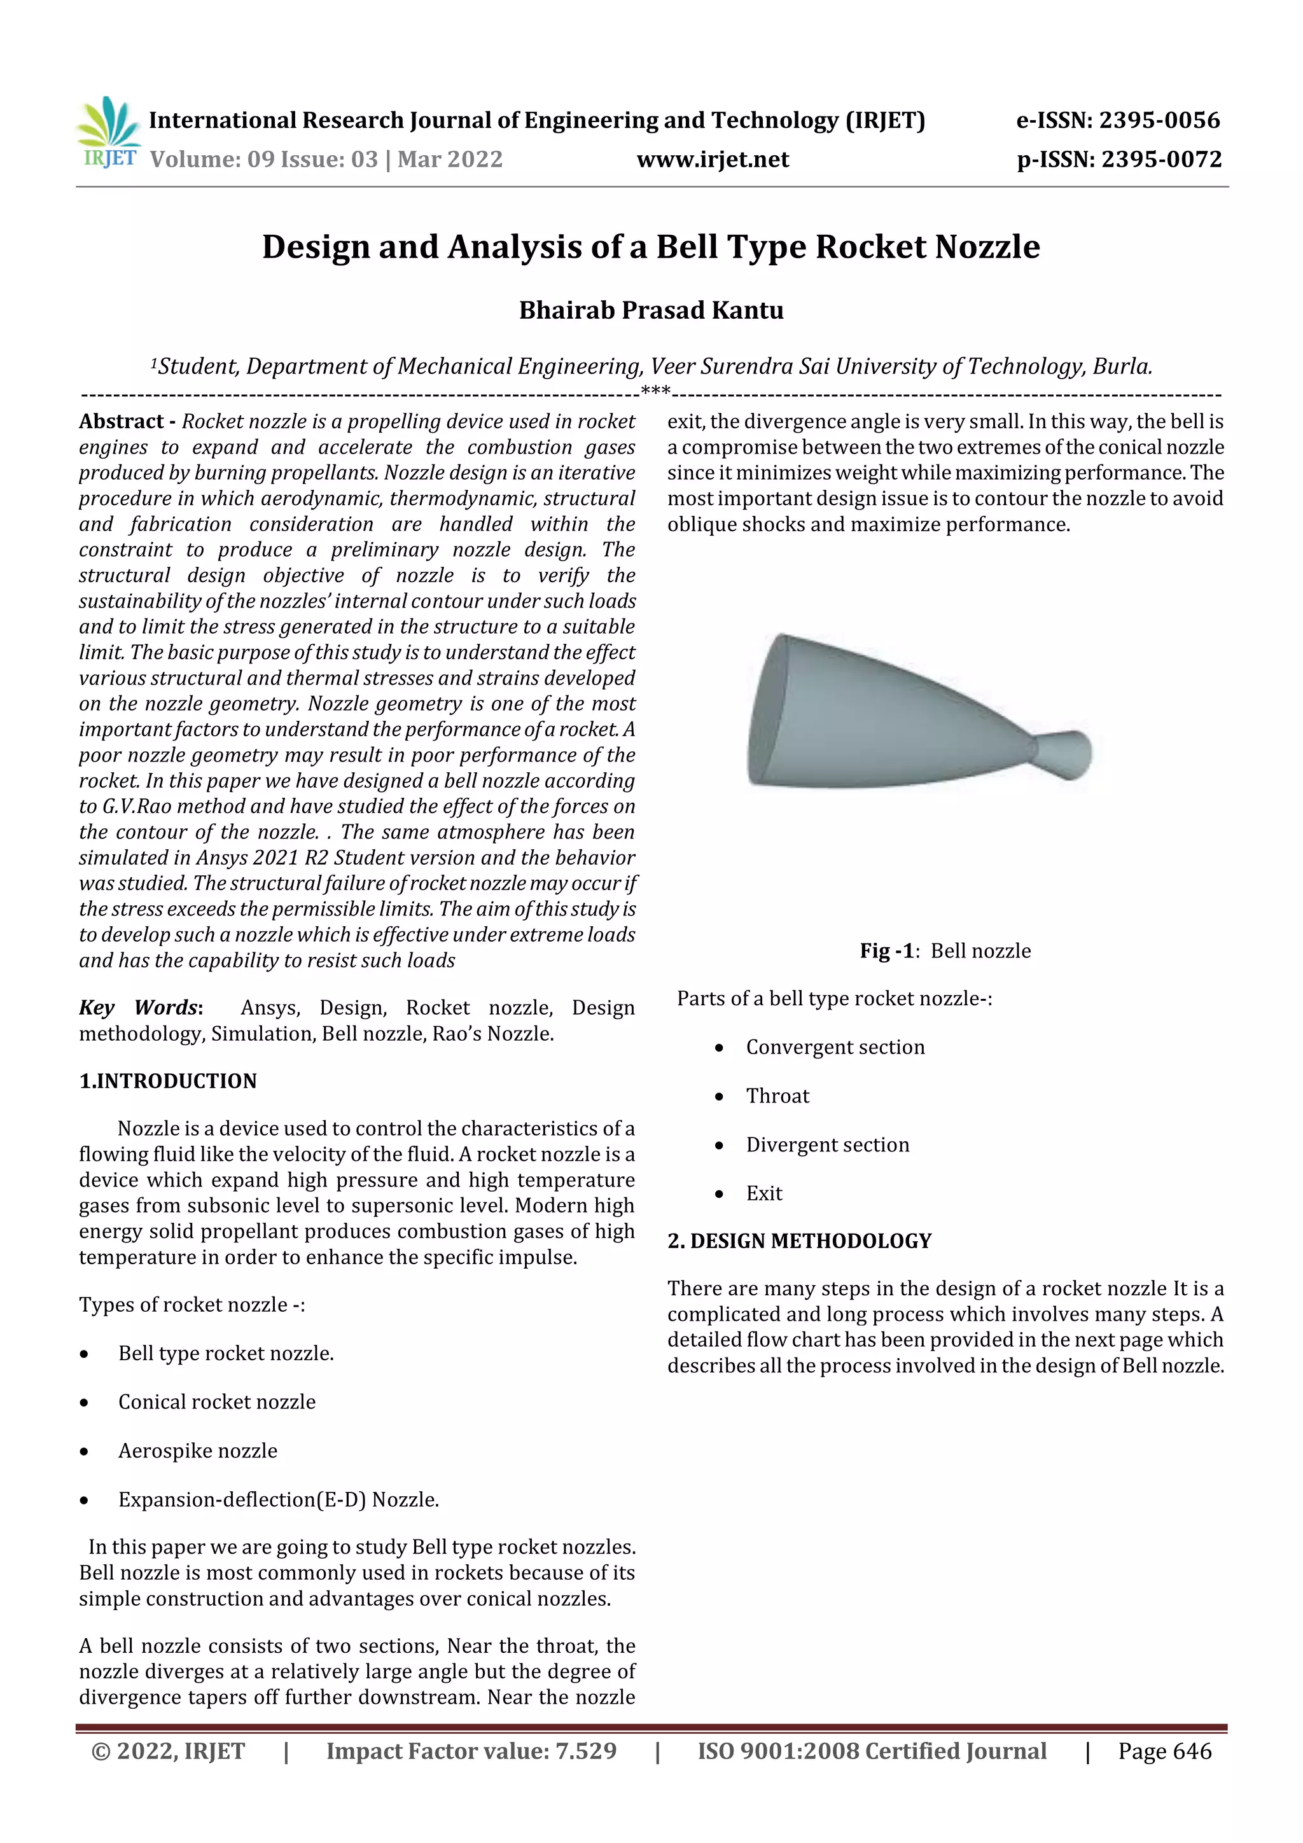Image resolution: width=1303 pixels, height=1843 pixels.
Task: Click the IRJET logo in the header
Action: click(x=108, y=133)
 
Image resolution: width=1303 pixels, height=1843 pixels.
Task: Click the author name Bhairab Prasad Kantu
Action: click(x=651, y=310)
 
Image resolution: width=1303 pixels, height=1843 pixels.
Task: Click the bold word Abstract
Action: click(x=122, y=421)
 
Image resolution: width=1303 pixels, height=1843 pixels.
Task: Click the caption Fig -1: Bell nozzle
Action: click(x=945, y=950)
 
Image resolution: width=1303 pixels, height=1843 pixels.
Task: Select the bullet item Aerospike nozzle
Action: click(x=197, y=1450)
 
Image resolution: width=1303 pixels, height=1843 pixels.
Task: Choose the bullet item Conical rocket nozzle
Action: click(x=217, y=1401)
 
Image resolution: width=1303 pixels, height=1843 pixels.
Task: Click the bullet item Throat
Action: click(x=777, y=1095)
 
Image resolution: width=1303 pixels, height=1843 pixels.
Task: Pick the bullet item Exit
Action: click(x=763, y=1193)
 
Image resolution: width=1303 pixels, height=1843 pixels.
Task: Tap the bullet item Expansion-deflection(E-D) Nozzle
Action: click(x=278, y=1499)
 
